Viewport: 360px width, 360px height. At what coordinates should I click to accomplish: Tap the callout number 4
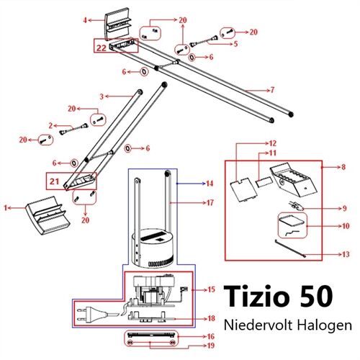pos(85,19)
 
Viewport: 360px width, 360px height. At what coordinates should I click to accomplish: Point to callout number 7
pos(272,90)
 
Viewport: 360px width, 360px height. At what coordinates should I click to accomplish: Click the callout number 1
pos(6,208)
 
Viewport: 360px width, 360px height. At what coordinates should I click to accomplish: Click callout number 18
pos(212,318)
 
